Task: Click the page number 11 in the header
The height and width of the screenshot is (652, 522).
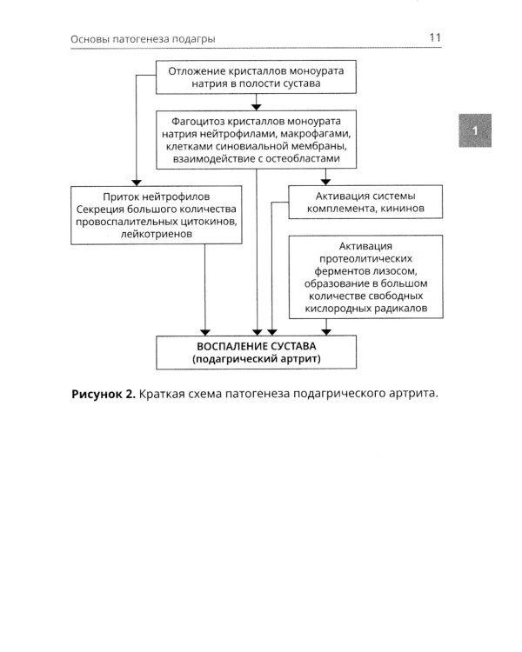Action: tap(436, 37)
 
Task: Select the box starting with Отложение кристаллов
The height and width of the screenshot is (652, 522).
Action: tap(258, 77)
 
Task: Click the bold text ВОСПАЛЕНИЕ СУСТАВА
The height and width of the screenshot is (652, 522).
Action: tap(258, 347)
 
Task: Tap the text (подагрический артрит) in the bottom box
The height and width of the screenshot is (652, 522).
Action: tap(258, 361)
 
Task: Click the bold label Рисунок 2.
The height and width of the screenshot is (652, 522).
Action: tap(104, 394)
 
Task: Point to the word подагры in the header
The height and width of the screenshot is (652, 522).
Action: tap(191, 39)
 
